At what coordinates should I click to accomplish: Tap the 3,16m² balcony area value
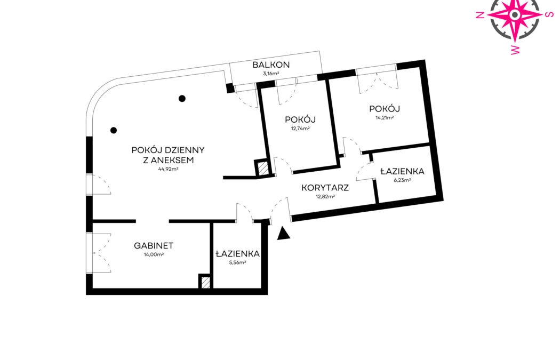271,74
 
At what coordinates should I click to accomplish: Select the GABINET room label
154,246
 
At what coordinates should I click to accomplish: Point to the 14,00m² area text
154,254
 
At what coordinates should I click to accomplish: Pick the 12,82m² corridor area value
325,196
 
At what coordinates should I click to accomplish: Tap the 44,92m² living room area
168,169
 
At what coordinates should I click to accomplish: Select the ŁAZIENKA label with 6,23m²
402,171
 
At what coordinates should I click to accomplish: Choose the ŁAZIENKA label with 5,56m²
237,254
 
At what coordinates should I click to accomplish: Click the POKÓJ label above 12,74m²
300,119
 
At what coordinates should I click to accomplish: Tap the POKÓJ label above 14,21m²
385,109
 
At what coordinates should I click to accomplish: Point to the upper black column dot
182,99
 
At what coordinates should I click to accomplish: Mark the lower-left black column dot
114,130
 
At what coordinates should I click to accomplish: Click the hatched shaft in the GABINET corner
205,283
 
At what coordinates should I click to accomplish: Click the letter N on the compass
481,14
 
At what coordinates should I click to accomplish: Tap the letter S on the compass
549,14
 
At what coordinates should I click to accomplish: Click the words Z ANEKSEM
168,161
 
